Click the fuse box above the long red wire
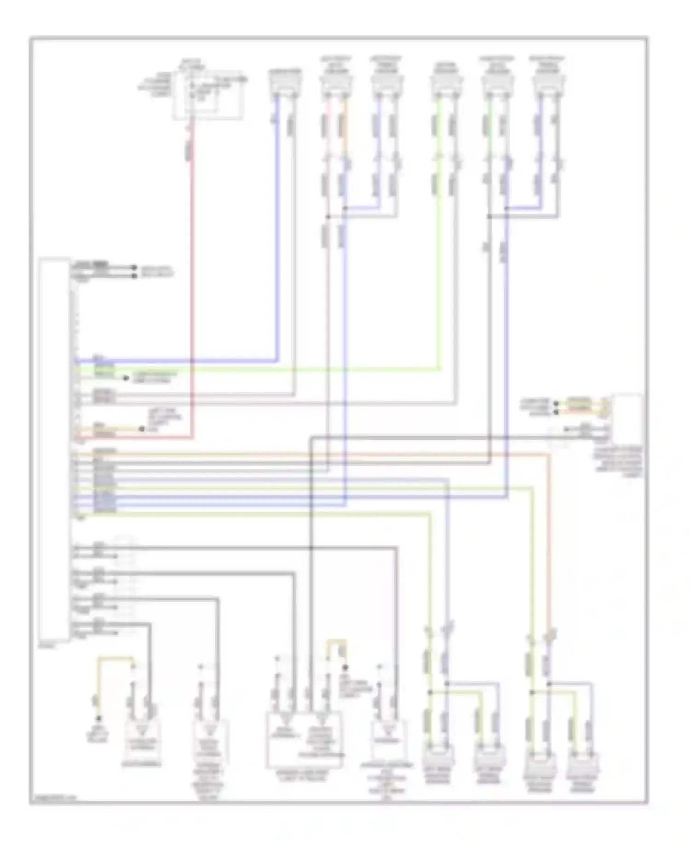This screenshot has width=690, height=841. coord(208,95)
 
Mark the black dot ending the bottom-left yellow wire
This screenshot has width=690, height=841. coord(98,719)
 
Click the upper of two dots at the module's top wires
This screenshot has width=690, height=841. coord(134,267)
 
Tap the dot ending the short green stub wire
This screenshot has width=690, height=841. coord(126,378)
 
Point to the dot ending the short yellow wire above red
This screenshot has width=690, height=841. coord(142,429)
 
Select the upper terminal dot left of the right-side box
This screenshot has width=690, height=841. coord(556,403)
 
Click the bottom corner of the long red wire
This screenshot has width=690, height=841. coord(192,437)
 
